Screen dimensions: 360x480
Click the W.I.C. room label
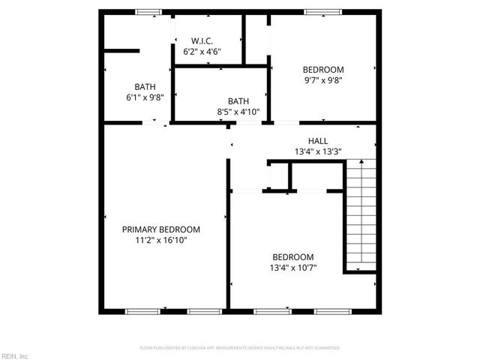[x=202, y=40]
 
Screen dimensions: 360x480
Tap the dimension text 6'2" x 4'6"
[x=202, y=52]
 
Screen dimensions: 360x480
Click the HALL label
[x=318, y=141]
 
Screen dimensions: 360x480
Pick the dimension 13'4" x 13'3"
[x=318, y=152]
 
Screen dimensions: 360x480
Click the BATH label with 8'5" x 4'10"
[x=238, y=101]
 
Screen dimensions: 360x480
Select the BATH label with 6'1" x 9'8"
[x=145, y=86]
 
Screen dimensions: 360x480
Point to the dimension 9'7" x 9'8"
[x=323, y=80]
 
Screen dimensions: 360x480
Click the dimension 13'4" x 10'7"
[x=293, y=268]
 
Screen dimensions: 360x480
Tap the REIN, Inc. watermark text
[x=15, y=355]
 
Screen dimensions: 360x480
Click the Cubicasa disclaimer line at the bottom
[x=240, y=348]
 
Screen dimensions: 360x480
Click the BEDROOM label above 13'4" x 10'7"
[x=293, y=256]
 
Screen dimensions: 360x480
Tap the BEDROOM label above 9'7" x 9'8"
[x=323, y=69]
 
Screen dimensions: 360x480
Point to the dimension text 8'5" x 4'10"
[x=238, y=112]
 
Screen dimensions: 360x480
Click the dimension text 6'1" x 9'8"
[x=145, y=97]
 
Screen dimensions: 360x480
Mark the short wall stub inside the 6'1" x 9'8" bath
[x=121, y=52]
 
